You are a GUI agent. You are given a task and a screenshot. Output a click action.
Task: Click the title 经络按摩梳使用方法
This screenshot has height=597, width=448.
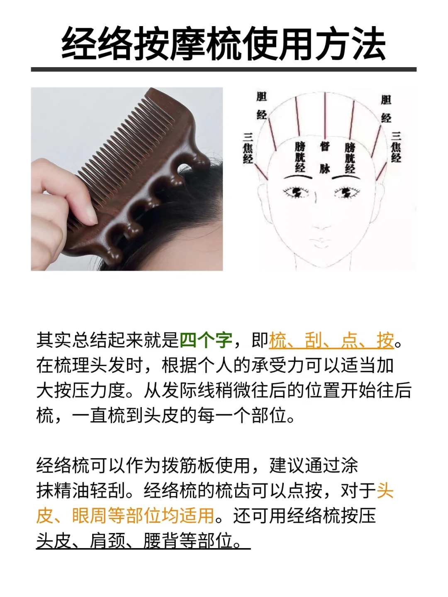[224, 44]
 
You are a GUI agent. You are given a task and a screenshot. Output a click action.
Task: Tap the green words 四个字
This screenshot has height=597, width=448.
[206, 340]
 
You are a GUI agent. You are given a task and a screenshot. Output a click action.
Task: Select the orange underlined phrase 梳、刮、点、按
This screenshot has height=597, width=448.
[331, 340]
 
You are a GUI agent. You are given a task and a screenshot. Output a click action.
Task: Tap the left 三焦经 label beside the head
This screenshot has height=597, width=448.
[248, 148]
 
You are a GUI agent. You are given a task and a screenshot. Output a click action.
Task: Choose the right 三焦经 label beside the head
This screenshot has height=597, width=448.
[396, 147]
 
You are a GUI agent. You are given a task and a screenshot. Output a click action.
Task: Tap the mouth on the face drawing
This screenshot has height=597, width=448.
[321, 243]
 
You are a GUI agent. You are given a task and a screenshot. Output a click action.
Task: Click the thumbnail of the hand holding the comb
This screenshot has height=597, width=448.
[127, 179]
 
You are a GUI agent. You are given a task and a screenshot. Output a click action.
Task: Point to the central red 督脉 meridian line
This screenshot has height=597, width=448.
[325, 116]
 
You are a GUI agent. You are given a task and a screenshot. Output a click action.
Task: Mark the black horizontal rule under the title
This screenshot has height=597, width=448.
[224, 70]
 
